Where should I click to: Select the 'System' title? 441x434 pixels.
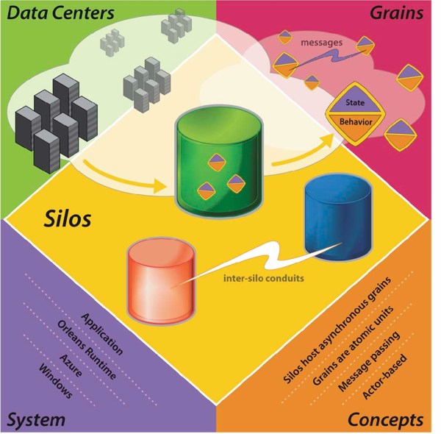(37, 420)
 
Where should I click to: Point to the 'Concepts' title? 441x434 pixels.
(385, 420)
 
